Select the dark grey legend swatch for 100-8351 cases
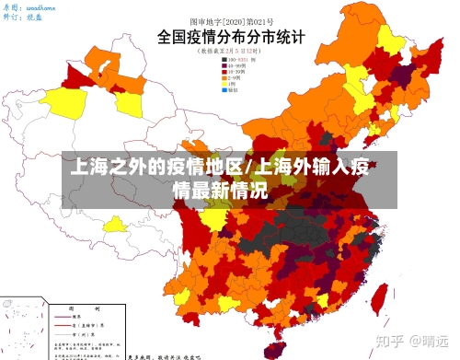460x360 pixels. (224, 60)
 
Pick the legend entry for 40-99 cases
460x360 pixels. (235, 66)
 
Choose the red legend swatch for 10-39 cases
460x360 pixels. (224, 73)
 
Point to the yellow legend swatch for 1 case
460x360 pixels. (224, 85)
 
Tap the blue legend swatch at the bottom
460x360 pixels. (224, 91)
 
